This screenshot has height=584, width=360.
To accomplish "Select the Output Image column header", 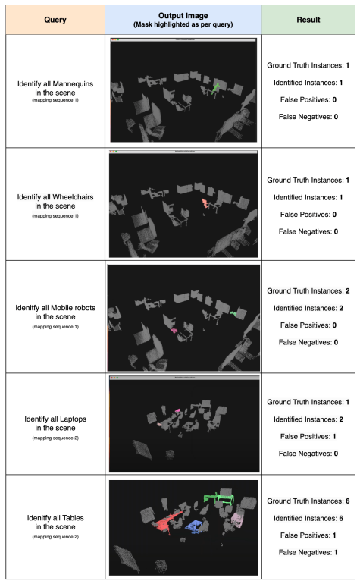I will click(183, 16).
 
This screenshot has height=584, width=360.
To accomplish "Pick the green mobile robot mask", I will click(234, 312).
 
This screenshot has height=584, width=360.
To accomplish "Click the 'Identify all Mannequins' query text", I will click(52, 86).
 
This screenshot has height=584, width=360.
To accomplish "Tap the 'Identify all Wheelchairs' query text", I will click(52, 199).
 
